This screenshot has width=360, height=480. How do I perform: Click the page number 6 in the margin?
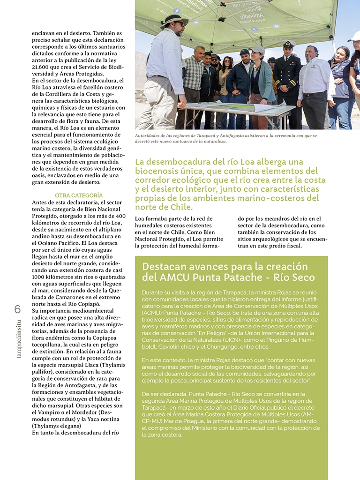coord(17,309)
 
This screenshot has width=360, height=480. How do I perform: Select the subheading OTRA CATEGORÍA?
coord(79,195)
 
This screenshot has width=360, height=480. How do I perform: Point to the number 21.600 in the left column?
coord(42,67)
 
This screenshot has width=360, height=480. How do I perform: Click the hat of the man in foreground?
coord(173,20)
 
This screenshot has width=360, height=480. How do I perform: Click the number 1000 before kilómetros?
coord(40,277)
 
